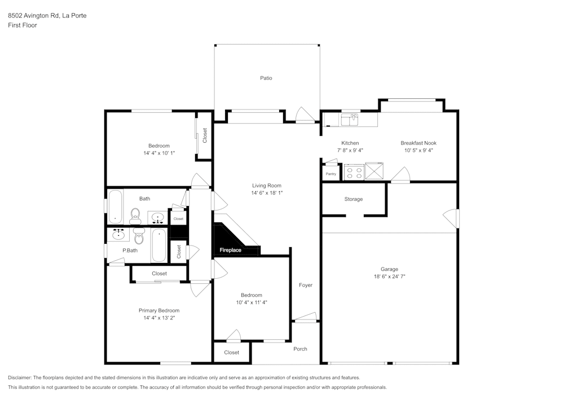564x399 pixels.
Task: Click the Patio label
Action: pos(266,78)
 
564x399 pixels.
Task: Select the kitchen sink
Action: pos(350,119)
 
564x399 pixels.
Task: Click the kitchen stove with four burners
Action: pos(354,172)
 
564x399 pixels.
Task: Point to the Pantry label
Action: pos(331,174)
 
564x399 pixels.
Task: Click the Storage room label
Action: pos(354,199)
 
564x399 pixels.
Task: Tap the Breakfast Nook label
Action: pos(418,143)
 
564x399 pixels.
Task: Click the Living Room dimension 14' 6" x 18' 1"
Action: pos(266,193)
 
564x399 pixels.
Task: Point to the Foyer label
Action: pos(305,285)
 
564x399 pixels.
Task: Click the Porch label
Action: pos(300,349)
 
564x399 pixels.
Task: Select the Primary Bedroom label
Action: pos(159,310)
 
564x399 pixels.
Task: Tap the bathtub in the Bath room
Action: pos(115,206)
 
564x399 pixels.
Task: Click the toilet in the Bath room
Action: pos(135,214)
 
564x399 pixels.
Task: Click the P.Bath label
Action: pos(130,250)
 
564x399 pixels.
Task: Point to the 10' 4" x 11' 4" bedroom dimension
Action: pos(251,302)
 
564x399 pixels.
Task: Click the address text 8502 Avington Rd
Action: pos(47,16)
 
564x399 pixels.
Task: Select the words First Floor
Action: pos(23,25)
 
